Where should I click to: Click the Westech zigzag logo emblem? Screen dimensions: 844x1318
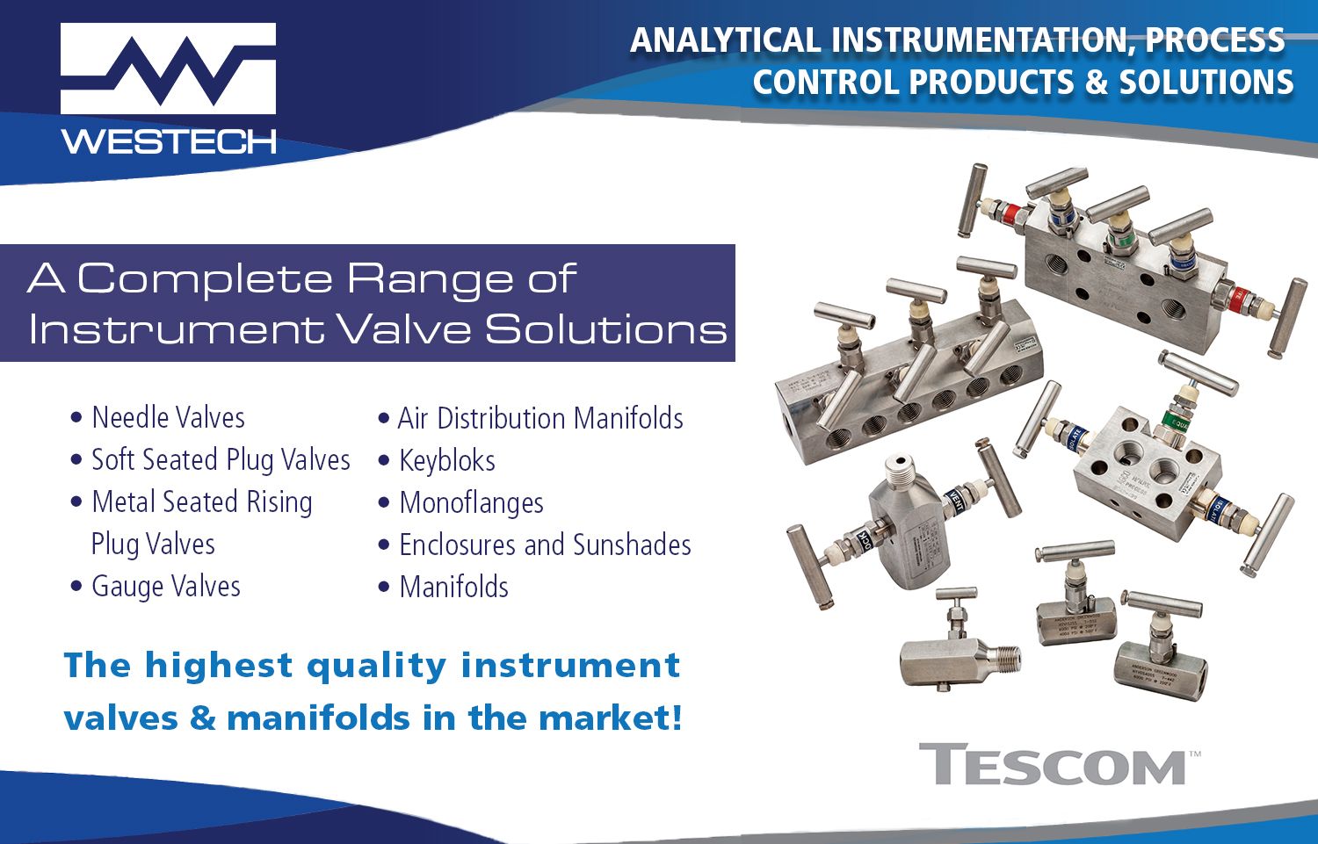click(168, 69)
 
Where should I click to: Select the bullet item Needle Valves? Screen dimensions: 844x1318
click(168, 417)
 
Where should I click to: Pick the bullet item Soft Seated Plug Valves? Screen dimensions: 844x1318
click(221, 459)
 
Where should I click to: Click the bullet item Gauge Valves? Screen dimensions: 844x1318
click(165, 586)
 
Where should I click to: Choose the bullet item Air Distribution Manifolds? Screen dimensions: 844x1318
click(540, 418)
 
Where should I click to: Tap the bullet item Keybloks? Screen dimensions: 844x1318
click(446, 460)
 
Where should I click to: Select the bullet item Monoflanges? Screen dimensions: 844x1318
click(471, 502)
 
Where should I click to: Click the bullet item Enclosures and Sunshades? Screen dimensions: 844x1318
click(545, 545)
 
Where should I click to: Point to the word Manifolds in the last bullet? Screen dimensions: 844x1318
click(453, 587)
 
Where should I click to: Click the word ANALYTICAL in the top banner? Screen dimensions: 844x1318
click(725, 40)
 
